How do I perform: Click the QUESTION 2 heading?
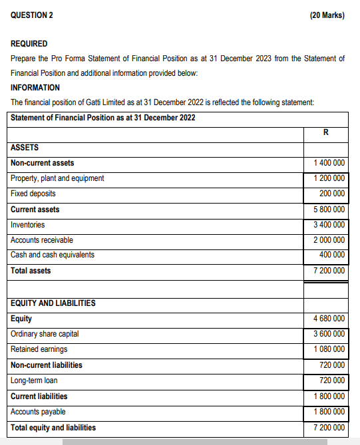33,15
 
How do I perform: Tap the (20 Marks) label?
327,15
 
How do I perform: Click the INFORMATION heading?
35,87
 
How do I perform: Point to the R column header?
325,132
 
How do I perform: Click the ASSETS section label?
25,148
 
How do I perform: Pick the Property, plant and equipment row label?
57,178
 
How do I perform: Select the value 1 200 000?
329,178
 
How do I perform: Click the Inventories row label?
28,225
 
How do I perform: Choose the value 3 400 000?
329,225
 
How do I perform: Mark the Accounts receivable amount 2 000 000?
329,240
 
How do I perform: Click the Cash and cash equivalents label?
53,255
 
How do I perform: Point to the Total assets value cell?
329,271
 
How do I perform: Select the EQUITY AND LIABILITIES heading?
53,303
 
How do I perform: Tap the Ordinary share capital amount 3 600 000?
329,334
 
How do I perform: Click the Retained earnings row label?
39,349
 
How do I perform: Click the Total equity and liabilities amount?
329,427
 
